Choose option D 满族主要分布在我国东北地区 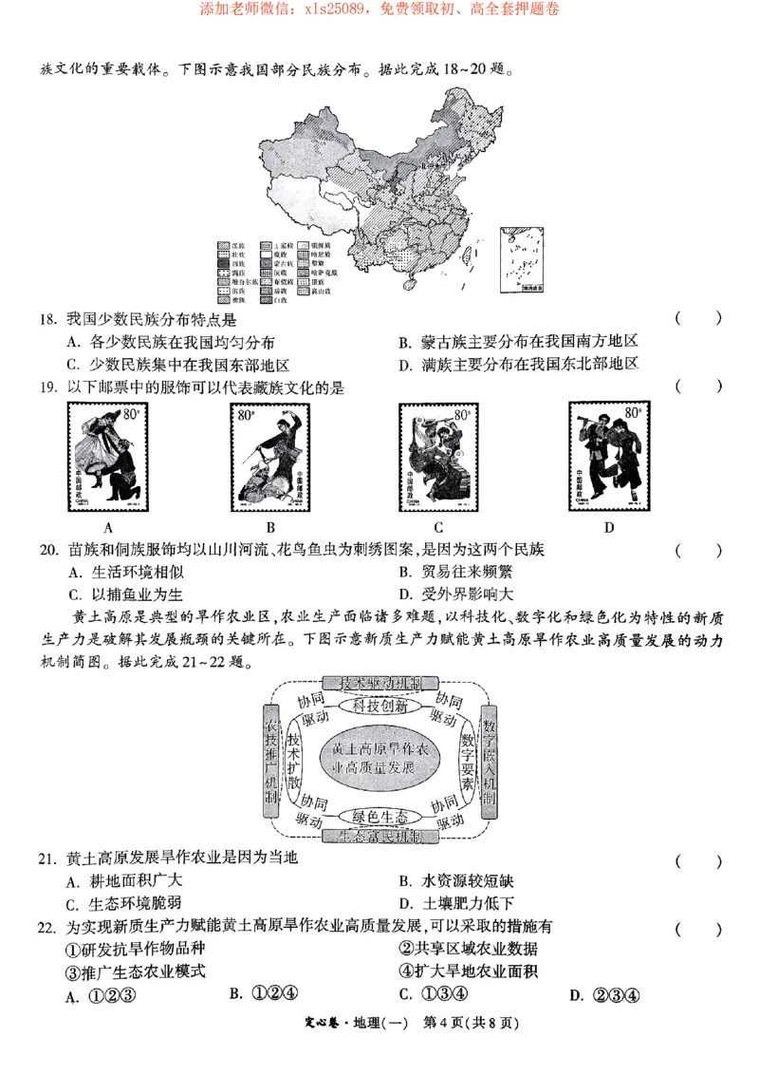517,364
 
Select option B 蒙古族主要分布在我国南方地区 517,342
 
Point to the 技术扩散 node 295,762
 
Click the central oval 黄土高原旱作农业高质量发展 380,761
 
